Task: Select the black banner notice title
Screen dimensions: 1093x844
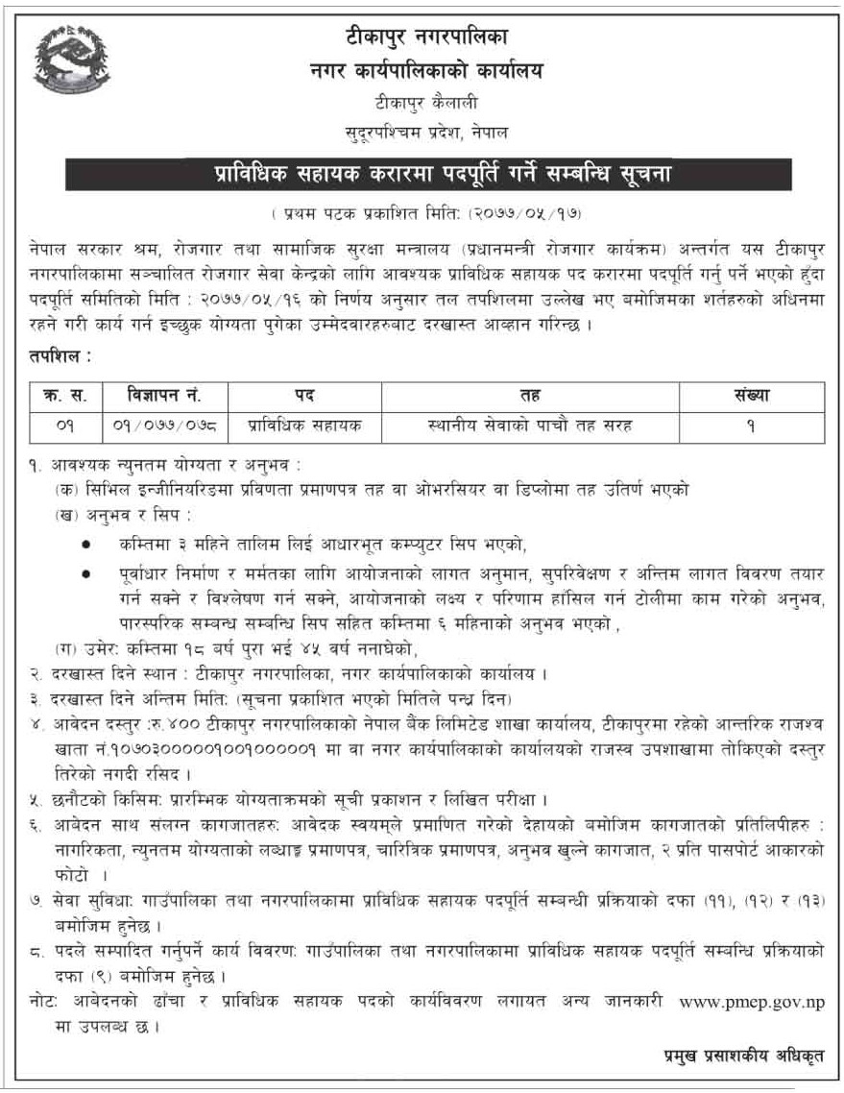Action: tap(428, 175)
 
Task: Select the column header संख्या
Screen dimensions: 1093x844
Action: tap(751, 395)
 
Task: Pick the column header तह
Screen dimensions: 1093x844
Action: tap(530, 395)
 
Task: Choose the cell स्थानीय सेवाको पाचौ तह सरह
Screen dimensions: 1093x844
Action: tap(530, 424)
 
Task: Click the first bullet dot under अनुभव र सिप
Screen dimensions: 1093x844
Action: tap(86, 545)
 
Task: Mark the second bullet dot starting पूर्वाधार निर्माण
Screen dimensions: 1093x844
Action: tap(86, 572)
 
